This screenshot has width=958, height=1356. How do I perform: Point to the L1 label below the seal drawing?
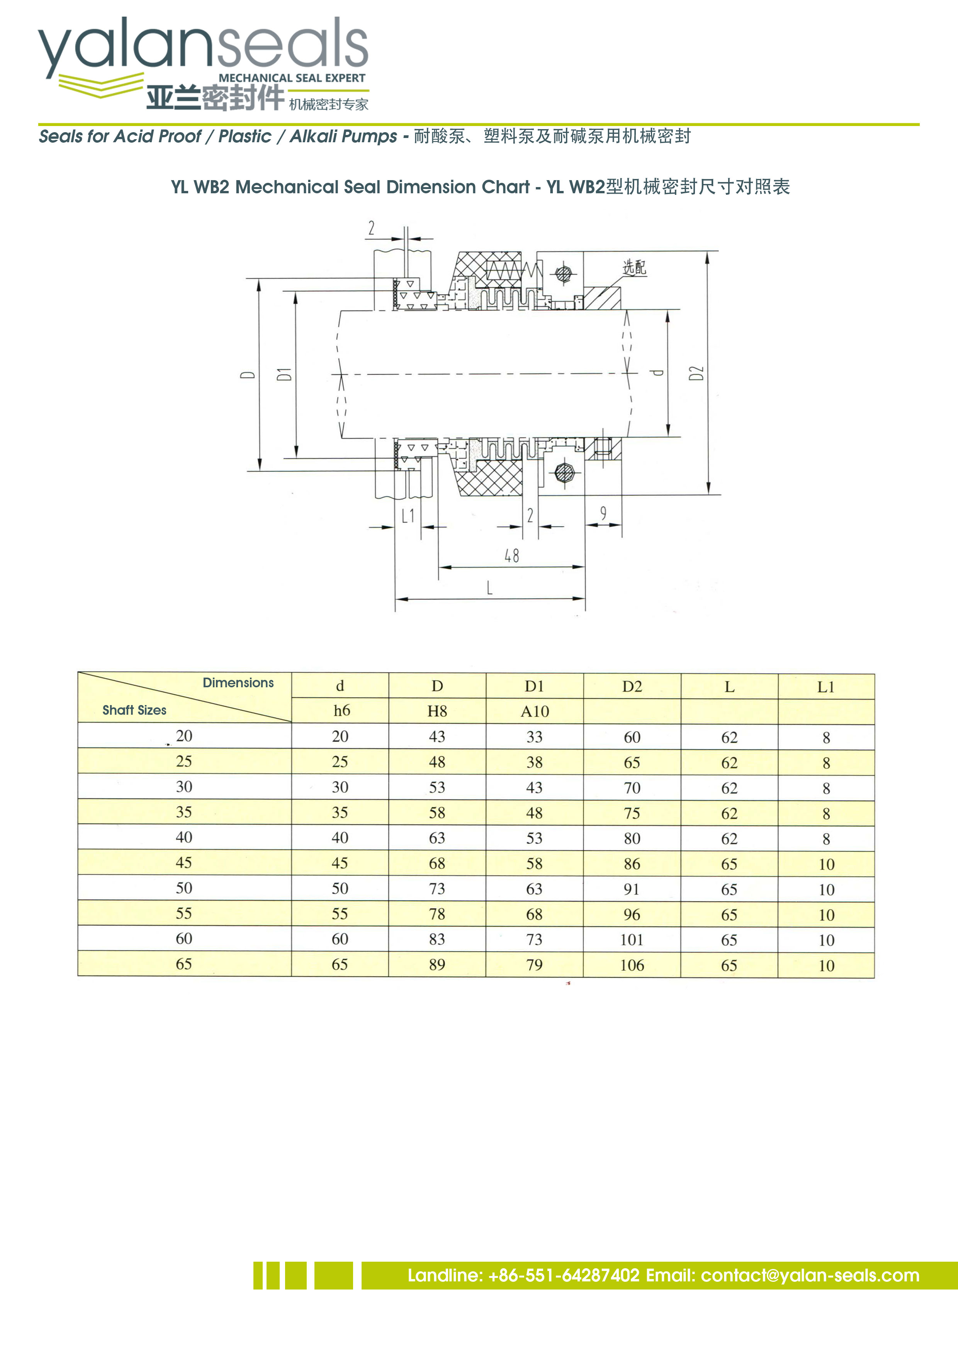[x=408, y=516]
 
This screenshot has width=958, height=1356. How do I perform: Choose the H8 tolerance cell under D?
[x=437, y=711]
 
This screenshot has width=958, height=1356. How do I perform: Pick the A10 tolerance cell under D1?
[x=535, y=712]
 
